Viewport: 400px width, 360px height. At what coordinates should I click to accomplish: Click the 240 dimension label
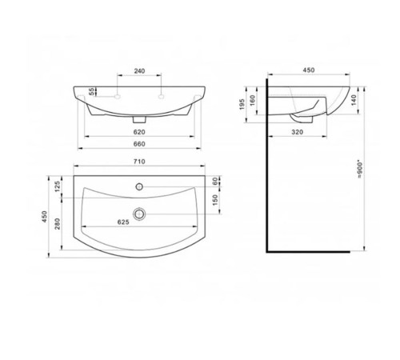click(x=139, y=71)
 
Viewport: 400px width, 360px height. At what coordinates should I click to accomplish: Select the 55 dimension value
click(x=91, y=91)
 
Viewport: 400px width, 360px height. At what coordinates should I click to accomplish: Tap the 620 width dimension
click(x=139, y=132)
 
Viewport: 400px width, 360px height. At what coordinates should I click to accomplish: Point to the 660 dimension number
click(x=139, y=144)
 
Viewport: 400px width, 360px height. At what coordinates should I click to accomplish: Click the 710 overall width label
click(x=139, y=162)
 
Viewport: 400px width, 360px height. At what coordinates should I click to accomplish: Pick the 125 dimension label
click(x=58, y=186)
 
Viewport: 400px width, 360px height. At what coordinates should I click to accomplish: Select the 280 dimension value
click(x=58, y=224)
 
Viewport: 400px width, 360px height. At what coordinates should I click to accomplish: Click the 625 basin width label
click(x=123, y=222)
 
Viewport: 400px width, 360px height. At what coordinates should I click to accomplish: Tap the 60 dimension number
click(x=215, y=182)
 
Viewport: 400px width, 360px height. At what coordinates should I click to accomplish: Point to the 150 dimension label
click(x=215, y=200)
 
